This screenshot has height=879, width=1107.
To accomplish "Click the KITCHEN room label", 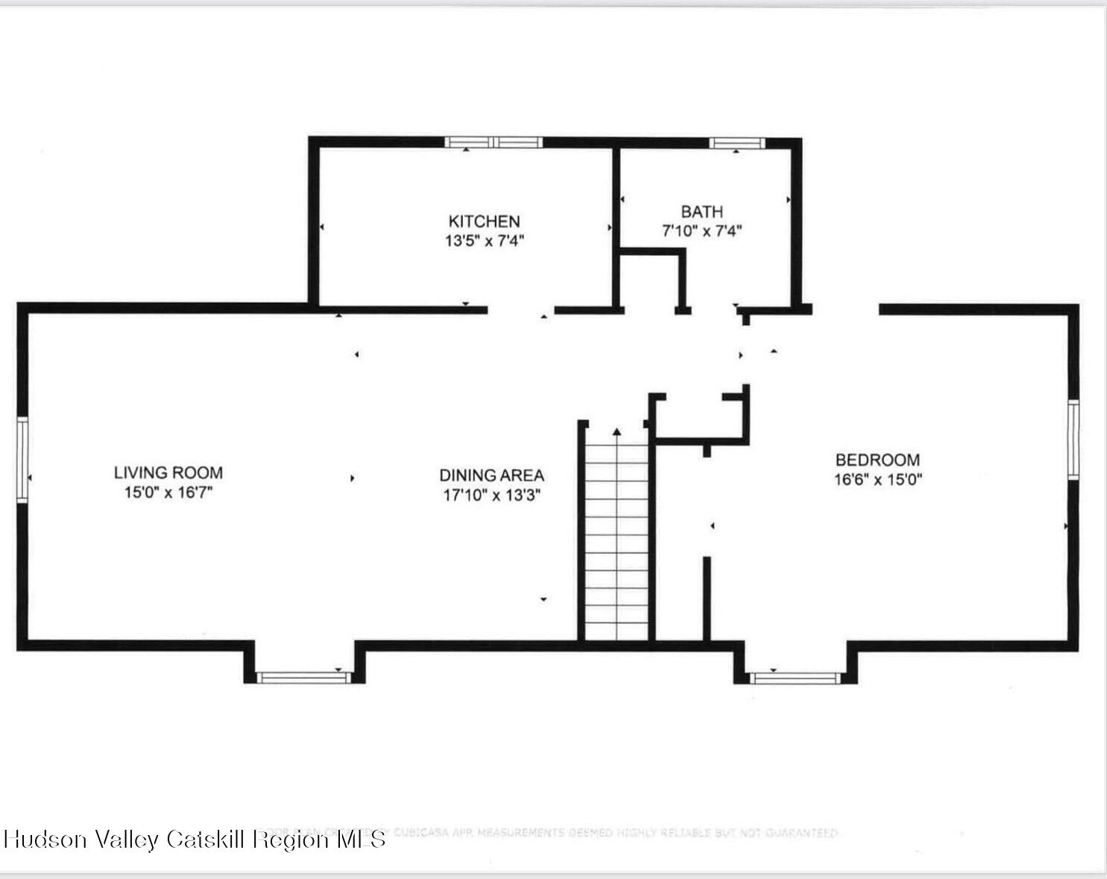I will (x=484, y=221).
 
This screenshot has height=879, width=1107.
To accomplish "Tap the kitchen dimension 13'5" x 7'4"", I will (x=485, y=241).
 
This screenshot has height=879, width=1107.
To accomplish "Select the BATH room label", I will (x=701, y=212).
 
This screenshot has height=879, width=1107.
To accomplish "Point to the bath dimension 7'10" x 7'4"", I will (x=701, y=231).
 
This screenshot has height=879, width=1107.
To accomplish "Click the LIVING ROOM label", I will (x=168, y=473).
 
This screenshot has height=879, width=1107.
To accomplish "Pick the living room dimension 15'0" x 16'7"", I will (x=168, y=492).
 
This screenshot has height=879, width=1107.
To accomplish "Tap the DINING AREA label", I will (x=491, y=475).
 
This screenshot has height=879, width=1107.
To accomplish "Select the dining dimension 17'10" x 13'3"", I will (x=491, y=495).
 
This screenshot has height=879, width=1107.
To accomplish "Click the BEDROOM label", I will (x=877, y=460).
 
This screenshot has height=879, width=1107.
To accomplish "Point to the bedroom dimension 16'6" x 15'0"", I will (x=877, y=479).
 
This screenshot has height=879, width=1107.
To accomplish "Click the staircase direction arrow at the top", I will (x=616, y=432).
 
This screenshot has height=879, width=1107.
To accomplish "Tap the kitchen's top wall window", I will (x=493, y=142).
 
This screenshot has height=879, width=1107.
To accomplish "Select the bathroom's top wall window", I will (x=737, y=143).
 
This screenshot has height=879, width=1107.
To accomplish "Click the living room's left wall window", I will (x=22, y=459).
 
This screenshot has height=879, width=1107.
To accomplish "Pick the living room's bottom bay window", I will (x=303, y=677).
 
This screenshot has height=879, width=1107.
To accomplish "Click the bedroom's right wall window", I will (x=1073, y=439).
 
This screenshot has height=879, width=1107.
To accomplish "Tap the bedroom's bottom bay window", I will (x=795, y=678).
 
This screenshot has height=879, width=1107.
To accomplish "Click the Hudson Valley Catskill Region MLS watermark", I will (x=195, y=839).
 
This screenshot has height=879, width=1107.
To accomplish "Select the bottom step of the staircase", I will (x=616, y=631).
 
